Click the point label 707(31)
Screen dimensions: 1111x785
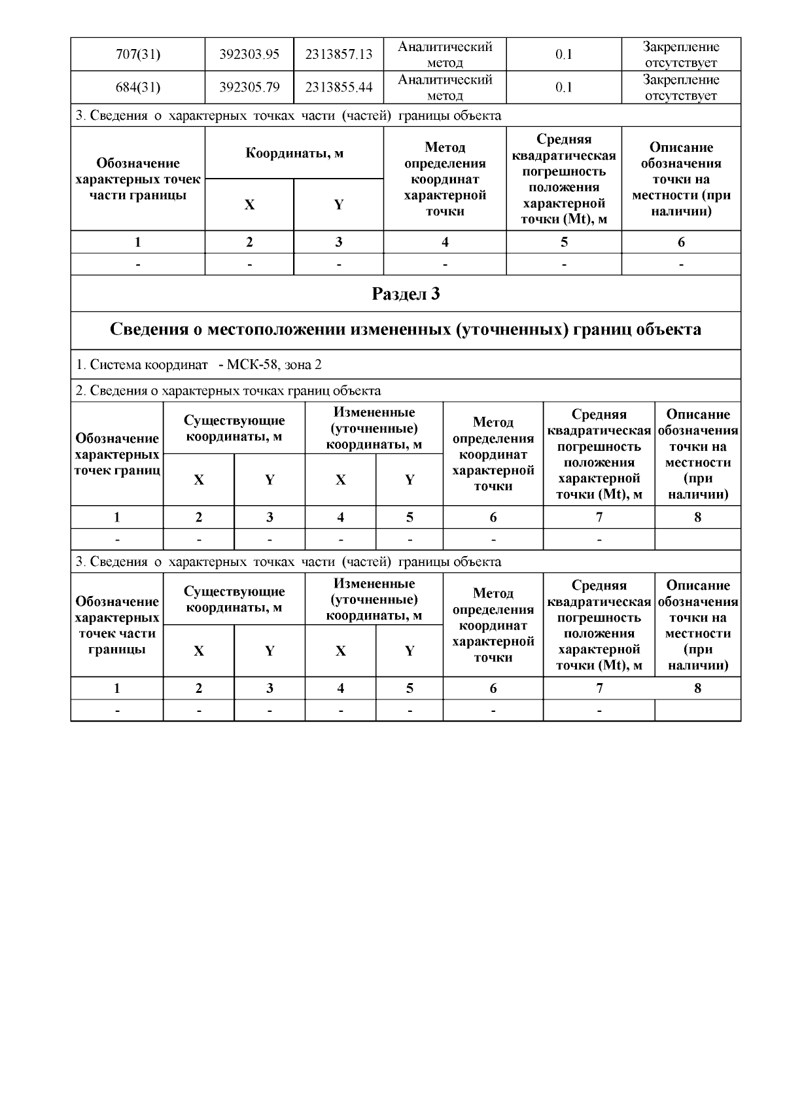[x=137, y=54]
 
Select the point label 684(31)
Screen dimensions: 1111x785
[x=137, y=87]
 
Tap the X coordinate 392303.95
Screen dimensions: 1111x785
[x=249, y=54]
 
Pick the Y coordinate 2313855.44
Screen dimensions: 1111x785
[x=338, y=87]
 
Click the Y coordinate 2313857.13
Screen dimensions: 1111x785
[x=338, y=54]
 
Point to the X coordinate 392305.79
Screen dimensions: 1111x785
[x=249, y=87]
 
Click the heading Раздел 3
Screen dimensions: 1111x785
[x=406, y=294]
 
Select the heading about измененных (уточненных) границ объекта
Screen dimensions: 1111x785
[x=406, y=329]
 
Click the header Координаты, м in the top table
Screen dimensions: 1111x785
[x=294, y=154]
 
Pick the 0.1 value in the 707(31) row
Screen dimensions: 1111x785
[x=564, y=54]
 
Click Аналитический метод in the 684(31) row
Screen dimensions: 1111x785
[x=445, y=87]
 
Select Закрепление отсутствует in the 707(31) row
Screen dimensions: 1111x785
[x=681, y=54]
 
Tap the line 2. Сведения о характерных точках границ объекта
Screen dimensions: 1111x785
[x=228, y=391]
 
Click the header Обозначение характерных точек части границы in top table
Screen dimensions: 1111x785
[x=137, y=179]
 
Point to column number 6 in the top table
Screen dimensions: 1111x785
[x=681, y=242]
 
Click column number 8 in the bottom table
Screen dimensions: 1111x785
[x=697, y=688]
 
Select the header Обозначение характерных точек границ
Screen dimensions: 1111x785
[x=117, y=454]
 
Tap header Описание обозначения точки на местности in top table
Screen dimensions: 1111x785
[x=681, y=179]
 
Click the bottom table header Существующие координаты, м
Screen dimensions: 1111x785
[x=234, y=599]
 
